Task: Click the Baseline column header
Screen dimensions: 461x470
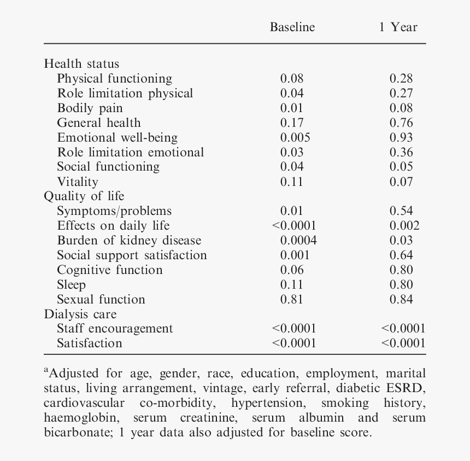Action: (x=292, y=27)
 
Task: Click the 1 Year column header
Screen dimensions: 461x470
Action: (x=398, y=27)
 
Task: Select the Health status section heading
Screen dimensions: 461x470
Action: (x=81, y=64)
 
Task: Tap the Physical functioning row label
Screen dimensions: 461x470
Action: (x=114, y=79)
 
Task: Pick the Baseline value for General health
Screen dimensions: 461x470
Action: (x=292, y=123)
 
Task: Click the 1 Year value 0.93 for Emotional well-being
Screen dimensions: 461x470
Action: (x=401, y=138)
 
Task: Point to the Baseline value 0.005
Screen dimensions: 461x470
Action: (x=295, y=138)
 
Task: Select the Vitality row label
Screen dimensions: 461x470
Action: (x=78, y=182)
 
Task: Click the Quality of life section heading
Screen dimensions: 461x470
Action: (x=84, y=196)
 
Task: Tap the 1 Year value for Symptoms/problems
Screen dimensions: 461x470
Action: (x=401, y=211)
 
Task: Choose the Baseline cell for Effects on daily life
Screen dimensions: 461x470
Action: (x=294, y=226)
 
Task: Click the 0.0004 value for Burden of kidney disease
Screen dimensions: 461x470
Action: (x=298, y=241)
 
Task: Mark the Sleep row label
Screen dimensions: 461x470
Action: (x=71, y=285)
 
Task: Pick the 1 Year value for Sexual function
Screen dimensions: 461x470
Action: (x=401, y=300)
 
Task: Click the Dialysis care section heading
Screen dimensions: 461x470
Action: (x=80, y=314)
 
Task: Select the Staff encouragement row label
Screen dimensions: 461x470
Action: (x=115, y=329)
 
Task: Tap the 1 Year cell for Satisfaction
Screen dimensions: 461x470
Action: (x=403, y=343)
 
